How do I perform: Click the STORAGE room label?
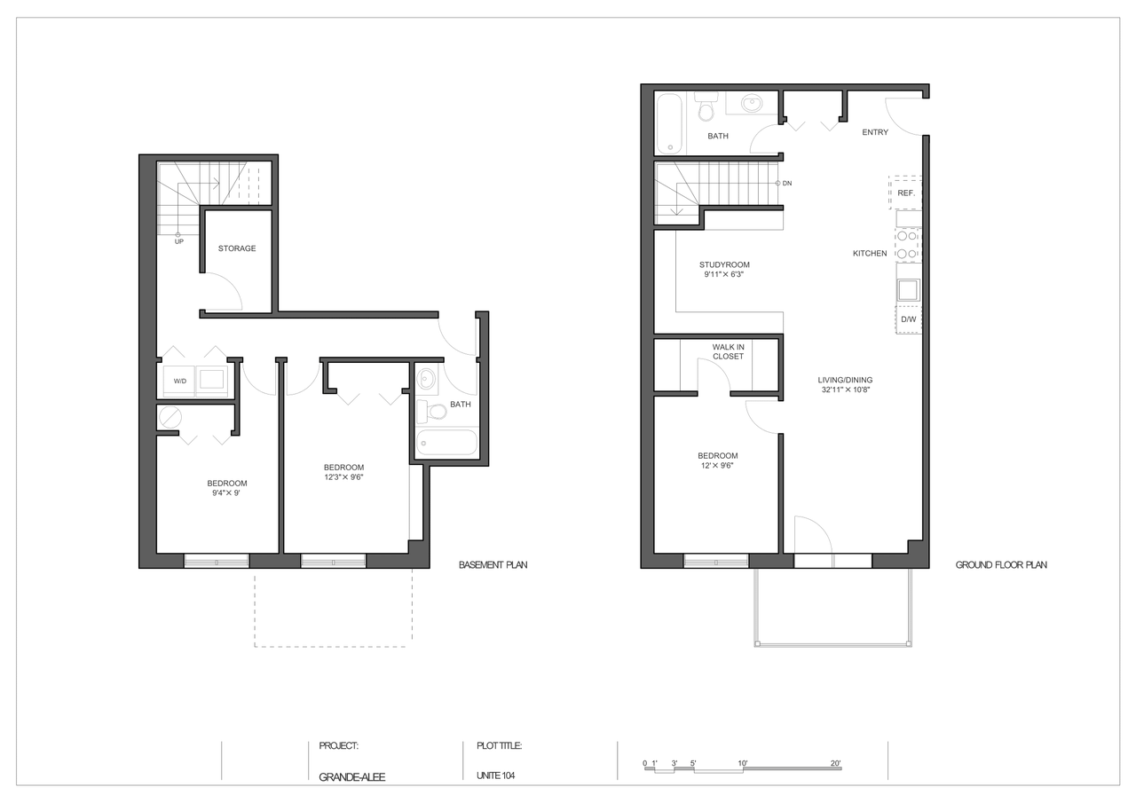pos(237,248)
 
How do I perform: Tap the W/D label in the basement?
pos(180,382)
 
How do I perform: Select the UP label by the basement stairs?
pos(179,242)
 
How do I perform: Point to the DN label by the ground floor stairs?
pos(787,184)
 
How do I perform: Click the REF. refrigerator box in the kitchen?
pos(905,193)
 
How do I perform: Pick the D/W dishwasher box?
pos(908,319)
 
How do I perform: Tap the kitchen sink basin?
pos(908,290)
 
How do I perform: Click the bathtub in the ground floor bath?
pos(670,123)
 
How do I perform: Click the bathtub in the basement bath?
pos(446,442)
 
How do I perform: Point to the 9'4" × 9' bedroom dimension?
pos(226,492)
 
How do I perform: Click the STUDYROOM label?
pos(724,264)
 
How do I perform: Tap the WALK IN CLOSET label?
pos(729,352)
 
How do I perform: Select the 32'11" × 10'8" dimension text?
pos(846,390)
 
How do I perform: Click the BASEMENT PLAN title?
pos(493,564)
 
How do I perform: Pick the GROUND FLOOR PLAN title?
pos(1001,564)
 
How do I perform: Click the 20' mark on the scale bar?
pos(836,763)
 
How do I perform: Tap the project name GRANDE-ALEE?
pos(352,777)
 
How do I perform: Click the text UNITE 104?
pos(495,775)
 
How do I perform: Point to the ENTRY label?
pos(875,132)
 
